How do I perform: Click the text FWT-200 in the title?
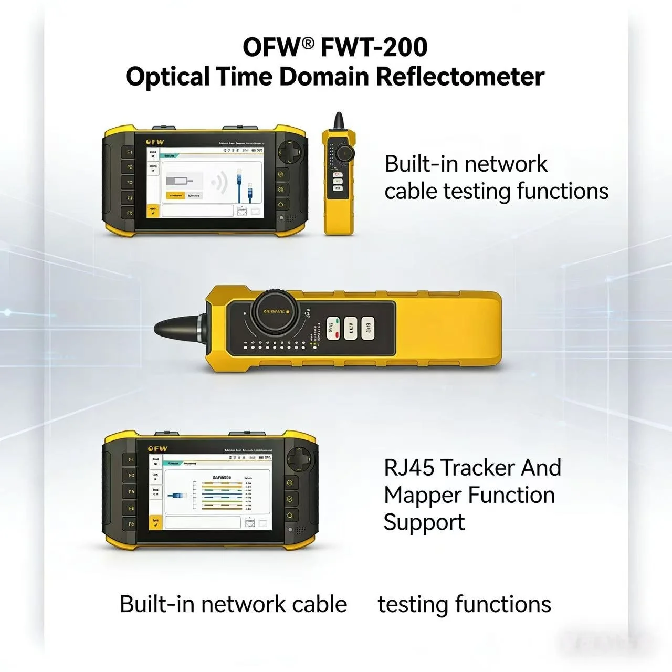pos(373,48)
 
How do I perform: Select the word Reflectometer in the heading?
pos(460,77)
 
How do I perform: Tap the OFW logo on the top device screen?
pos(155,142)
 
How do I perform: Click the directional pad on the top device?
pos(290,152)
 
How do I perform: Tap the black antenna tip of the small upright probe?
pos(339,121)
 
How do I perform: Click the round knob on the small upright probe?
pos(344,153)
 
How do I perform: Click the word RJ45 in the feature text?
pos(407,467)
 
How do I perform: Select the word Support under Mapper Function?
pos(424,522)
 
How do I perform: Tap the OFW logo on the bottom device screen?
pos(157,449)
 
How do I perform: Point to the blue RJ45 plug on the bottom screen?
pos(176,495)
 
